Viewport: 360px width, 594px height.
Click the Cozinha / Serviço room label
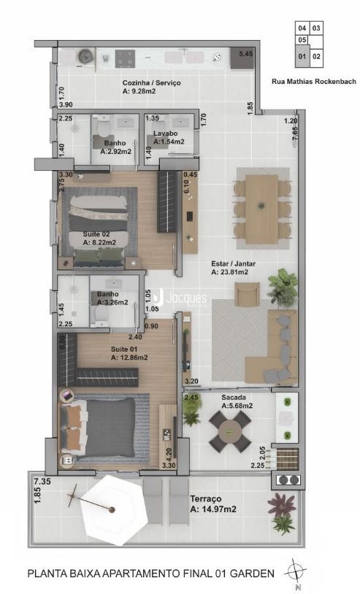(x=152, y=82)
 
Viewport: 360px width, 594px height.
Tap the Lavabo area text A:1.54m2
(x=169, y=142)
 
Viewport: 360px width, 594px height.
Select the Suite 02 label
(x=96, y=234)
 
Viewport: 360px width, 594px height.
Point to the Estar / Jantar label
(x=234, y=263)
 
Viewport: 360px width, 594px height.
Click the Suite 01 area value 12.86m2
(x=134, y=358)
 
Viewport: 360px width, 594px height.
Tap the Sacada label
(x=234, y=398)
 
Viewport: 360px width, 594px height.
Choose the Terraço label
(x=206, y=499)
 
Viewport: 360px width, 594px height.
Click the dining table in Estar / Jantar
(x=262, y=209)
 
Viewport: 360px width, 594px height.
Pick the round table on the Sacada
(x=229, y=431)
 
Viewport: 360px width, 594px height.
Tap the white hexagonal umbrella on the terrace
(x=111, y=509)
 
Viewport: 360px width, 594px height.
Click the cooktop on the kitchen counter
(x=125, y=58)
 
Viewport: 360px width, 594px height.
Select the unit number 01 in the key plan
(x=302, y=56)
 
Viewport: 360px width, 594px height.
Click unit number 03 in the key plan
(x=316, y=28)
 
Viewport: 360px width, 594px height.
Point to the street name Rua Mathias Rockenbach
(x=314, y=81)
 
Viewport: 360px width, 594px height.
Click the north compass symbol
(x=296, y=571)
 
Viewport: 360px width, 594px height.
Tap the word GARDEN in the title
(x=252, y=573)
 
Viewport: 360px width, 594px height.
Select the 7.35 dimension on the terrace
(x=42, y=482)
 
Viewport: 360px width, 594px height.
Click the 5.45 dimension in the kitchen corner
(x=245, y=54)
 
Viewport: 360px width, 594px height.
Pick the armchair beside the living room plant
(x=247, y=293)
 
